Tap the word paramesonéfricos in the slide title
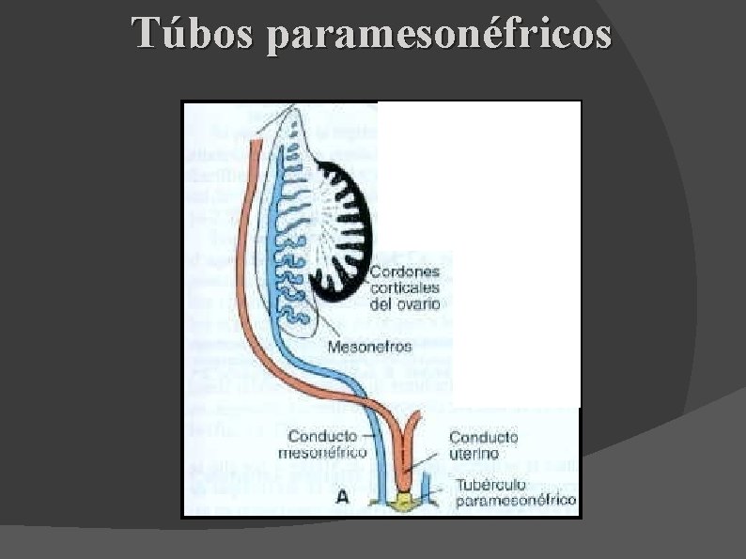pyautogui.click(x=439, y=36)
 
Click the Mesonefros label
pyautogui.click(x=369, y=346)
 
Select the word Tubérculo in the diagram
pyautogui.click(x=490, y=485)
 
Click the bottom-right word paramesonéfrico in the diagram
pyautogui.click(x=515, y=500)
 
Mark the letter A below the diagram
pyautogui.click(x=344, y=499)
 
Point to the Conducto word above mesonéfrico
pyautogui.click(x=321, y=436)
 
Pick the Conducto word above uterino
pyautogui.click(x=484, y=436)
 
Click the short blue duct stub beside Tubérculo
pyautogui.click(x=427, y=488)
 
